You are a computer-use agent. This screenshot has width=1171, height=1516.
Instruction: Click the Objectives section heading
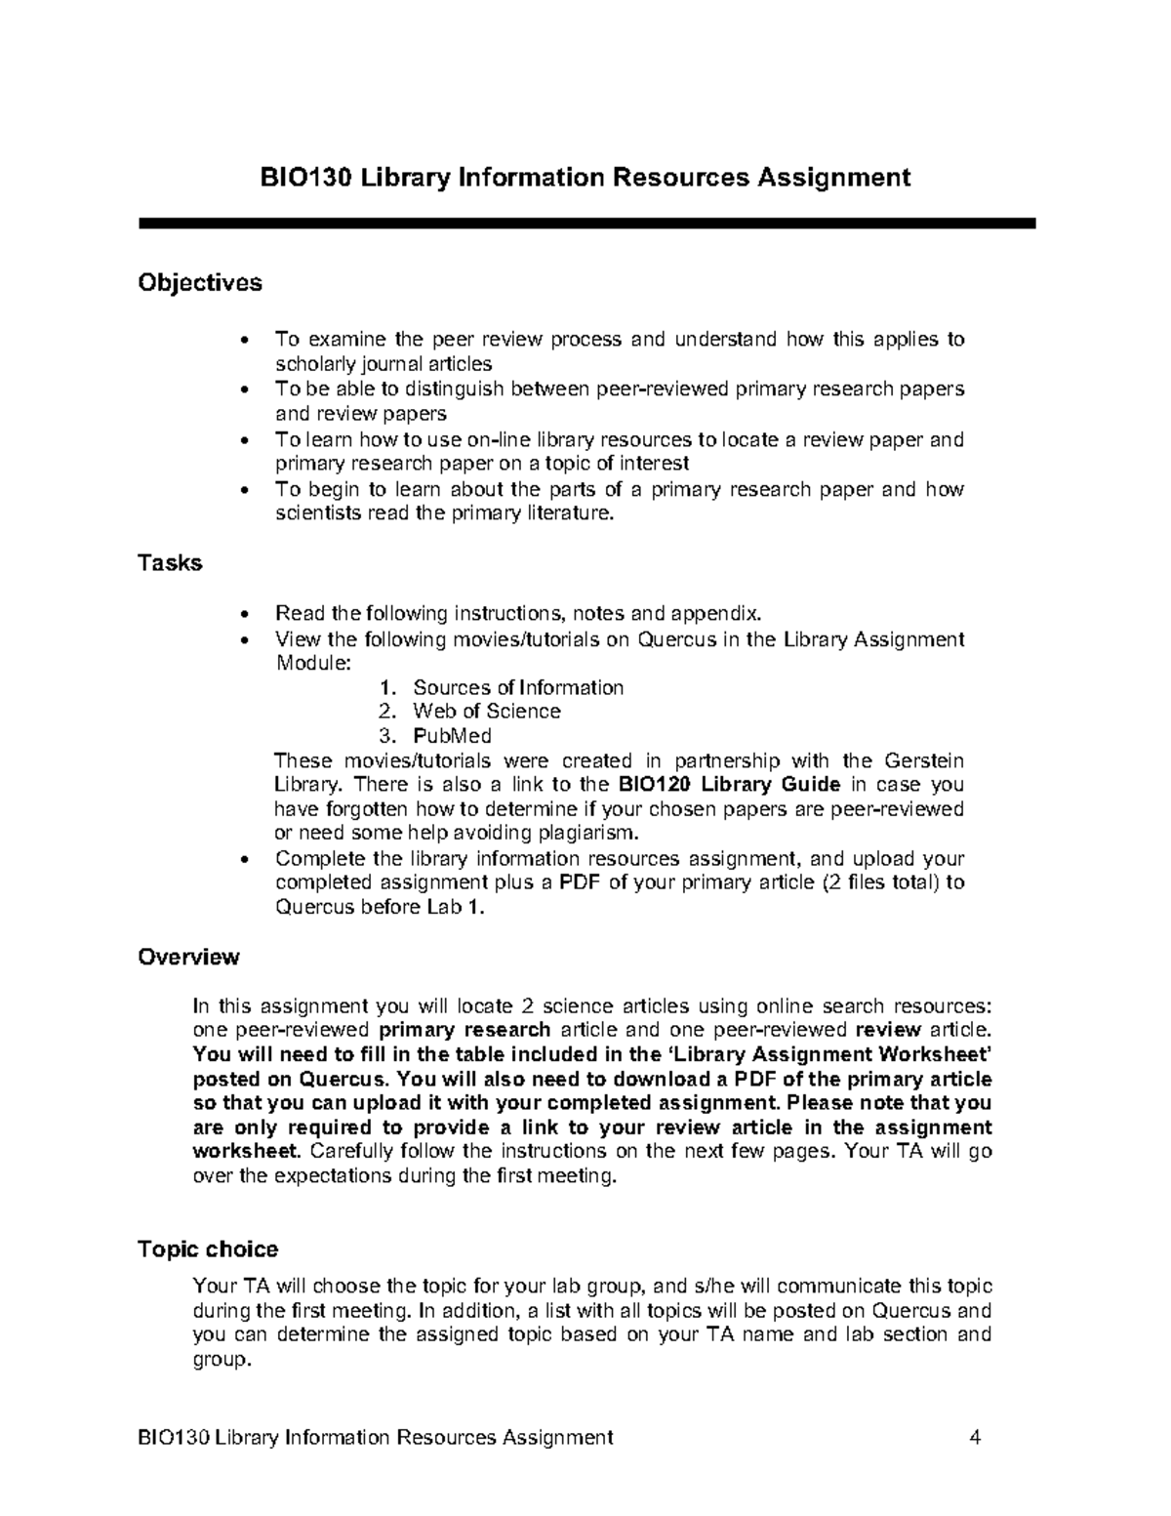click(x=200, y=283)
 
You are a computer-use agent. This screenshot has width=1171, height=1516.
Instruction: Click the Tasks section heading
click(x=170, y=563)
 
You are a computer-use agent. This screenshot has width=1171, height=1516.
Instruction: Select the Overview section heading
click(x=188, y=957)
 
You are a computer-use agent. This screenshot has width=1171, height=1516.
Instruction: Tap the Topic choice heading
click(x=208, y=1250)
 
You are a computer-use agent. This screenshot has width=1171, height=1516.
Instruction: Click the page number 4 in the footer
click(x=974, y=1437)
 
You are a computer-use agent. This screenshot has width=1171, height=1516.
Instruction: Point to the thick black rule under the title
click(x=586, y=224)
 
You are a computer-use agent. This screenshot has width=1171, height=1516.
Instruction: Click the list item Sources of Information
click(x=517, y=687)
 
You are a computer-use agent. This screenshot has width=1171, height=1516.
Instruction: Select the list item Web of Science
click(x=486, y=712)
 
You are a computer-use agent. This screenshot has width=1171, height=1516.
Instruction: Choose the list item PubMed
click(x=452, y=736)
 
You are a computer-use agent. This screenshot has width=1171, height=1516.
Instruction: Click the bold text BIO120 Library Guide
click(x=730, y=785)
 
